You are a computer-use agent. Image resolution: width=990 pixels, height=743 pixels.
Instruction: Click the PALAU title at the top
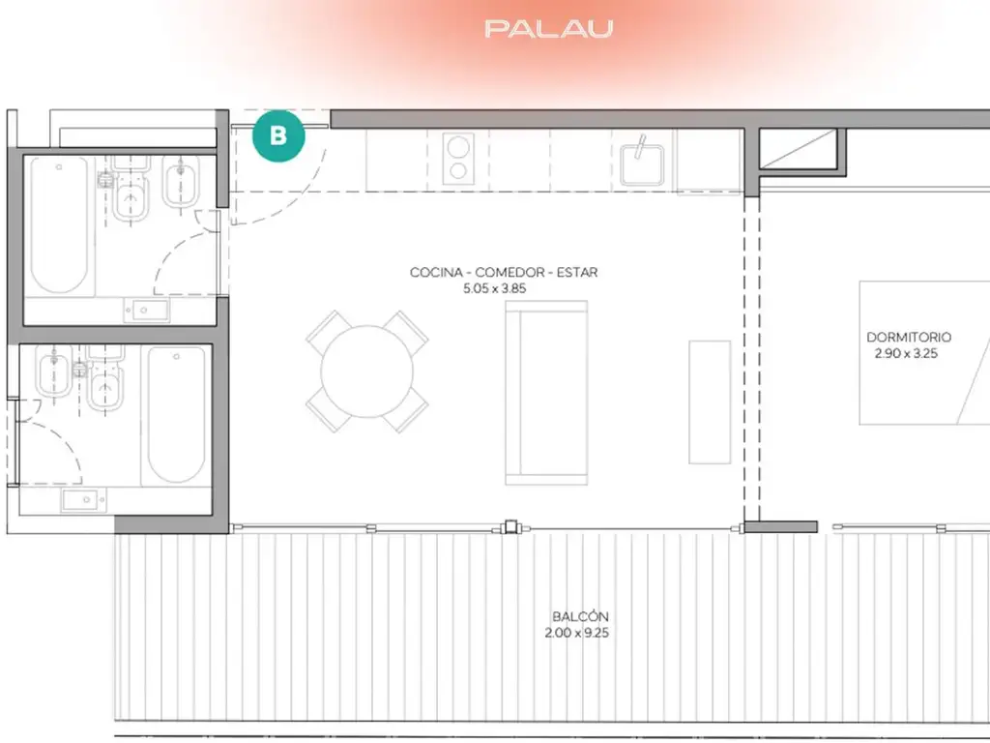pos(549,29)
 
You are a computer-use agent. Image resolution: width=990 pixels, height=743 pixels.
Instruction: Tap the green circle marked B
pos(278,135)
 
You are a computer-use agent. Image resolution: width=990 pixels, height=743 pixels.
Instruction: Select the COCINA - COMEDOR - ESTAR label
pos(503,272)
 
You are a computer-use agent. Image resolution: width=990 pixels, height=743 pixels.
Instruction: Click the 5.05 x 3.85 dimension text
pos(494,288)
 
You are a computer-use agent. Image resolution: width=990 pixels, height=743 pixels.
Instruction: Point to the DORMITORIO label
pos(908,338)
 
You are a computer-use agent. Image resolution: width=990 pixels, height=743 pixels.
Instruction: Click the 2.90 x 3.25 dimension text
pos(906,354)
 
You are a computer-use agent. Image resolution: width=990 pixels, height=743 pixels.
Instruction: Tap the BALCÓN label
pos(580,616)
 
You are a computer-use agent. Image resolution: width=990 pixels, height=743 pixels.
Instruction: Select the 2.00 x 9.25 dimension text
pos(577,633)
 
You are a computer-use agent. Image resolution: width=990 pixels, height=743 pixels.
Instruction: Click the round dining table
pos(366,371)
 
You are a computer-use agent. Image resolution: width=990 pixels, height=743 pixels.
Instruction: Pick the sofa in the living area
pos(547,393)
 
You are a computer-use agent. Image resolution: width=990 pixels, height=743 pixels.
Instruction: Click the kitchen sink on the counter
pos(642,164)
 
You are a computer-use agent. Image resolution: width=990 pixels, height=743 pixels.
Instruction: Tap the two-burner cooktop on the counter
pos(458,159)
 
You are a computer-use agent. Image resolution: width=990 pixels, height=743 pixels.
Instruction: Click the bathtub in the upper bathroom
pos(59,224)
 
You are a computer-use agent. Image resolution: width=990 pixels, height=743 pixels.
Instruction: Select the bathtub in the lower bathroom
pos(177,414)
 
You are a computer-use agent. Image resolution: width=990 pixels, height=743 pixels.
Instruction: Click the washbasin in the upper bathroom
pos(147,311)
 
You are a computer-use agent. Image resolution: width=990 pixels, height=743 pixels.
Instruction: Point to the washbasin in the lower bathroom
pos(84,500)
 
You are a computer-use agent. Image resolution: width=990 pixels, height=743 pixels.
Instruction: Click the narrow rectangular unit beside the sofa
pos(710,402)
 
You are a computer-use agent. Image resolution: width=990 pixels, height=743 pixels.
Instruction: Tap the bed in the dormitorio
pos(924,352)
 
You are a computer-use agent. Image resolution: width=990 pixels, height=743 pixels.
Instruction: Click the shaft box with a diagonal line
pos(798,149)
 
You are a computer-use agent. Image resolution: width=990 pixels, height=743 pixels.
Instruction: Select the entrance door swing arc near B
pos(302,203)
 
